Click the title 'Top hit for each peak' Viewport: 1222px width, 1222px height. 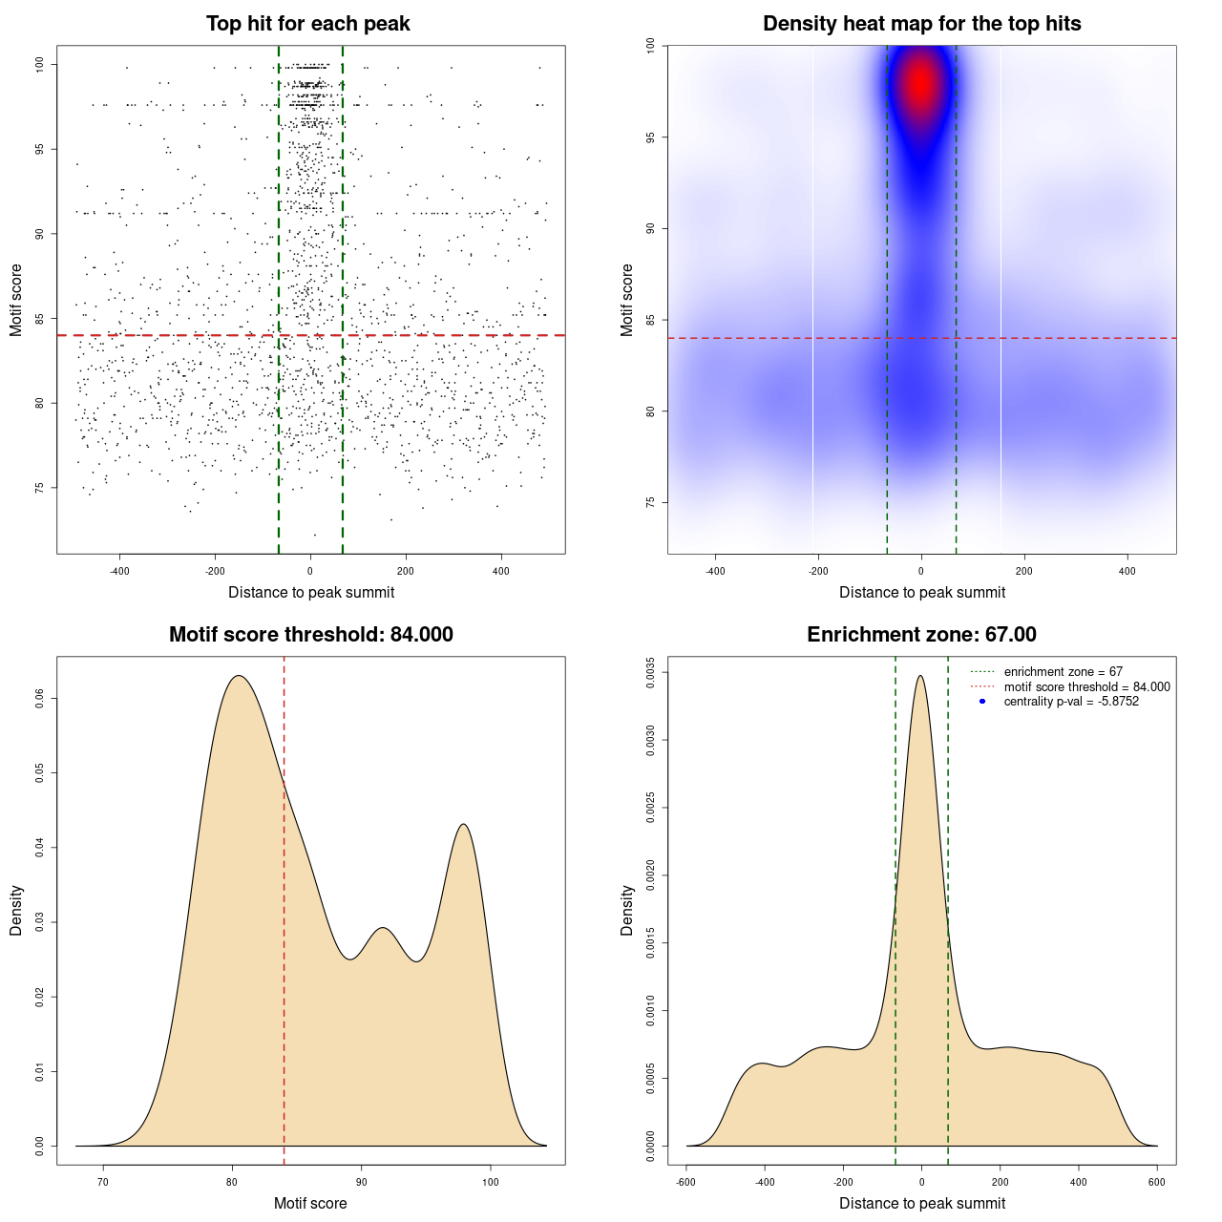[308, 24]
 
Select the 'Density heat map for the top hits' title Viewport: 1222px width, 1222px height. [921, 24]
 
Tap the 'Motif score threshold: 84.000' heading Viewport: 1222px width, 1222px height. [310, 635]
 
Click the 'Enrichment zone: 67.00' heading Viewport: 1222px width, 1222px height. [921, 635]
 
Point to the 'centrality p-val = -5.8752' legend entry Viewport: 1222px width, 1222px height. [1071, 702]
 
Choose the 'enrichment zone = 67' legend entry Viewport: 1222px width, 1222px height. [1063, 672]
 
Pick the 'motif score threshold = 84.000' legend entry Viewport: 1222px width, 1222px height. [1086, 687]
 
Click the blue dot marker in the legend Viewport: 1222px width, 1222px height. [982, 702]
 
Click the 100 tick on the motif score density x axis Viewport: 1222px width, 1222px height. [491, 1183]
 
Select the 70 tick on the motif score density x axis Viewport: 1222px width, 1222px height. [103, 1183]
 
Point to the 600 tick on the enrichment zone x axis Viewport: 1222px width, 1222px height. [1157, 1183]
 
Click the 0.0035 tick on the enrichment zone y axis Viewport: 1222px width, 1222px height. [650, 672]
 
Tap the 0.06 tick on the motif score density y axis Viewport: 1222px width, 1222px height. [40, 699]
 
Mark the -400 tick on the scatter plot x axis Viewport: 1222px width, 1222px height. [119, 572]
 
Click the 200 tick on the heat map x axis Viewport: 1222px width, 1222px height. [1024, 572]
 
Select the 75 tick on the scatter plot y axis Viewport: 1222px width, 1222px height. [40, 488]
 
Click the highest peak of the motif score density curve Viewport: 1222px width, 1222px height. [239, 676]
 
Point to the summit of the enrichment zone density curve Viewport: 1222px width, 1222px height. [920, 676]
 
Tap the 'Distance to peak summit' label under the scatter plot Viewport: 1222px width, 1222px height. [311, 593]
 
